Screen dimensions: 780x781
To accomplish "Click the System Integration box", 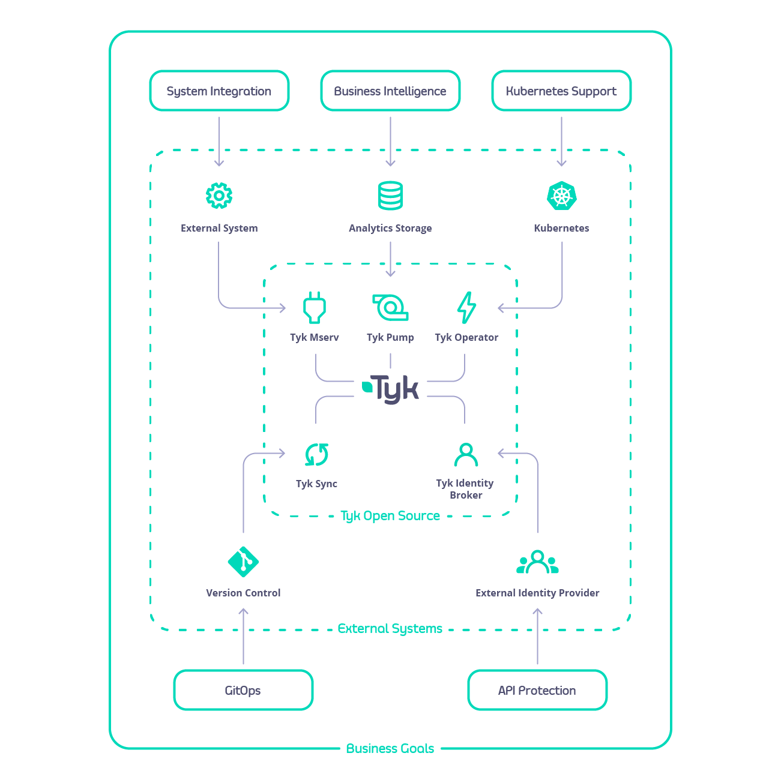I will [x=219, y=91].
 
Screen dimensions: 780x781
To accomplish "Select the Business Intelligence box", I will [x=390, y=91].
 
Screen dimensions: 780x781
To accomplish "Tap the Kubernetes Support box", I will [x=561, y=91].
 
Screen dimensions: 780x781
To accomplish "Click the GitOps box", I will [x=243, y=690].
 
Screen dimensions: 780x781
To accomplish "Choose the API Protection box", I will [x=537, y=690].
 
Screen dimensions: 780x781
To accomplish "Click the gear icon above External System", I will [x=219, y=196].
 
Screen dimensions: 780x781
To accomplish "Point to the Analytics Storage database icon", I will [x=390, y=196].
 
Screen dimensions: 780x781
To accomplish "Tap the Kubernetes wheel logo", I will [x=562, y=196].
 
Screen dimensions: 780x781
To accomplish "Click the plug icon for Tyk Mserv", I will [x=315, y=308].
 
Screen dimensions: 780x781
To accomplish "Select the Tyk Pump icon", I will [x=390, y=308].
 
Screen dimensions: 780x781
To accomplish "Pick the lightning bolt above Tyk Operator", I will [x=466, y=308].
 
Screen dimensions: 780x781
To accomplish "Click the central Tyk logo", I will [x=391, y=389].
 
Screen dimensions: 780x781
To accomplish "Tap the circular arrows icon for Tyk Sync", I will [x=316, y=455].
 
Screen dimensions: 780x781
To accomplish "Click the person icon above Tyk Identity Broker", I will [x=466, y=455].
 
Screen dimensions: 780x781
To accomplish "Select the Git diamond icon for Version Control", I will [x=243, y=562].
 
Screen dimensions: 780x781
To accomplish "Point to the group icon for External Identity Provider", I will [x=537, y=562].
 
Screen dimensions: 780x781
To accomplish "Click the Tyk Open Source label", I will [x=390, y=516].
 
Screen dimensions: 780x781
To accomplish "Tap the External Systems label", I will [x=390, y=629].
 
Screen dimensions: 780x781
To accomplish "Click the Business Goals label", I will [x=390, y=749].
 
